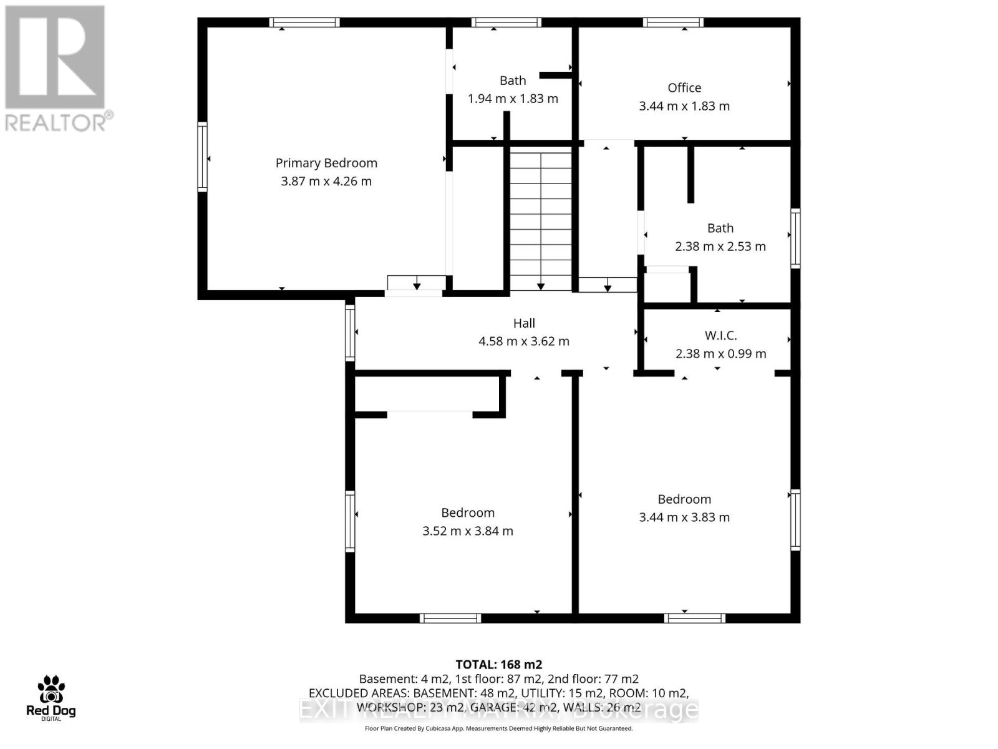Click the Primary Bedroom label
326,163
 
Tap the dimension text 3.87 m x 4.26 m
326,182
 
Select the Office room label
684,88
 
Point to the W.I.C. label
720,336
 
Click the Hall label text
524,323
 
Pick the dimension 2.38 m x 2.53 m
720,247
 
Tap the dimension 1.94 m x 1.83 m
513,99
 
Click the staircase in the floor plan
541,218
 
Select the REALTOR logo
56,69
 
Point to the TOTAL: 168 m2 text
498,665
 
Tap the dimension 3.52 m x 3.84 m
468,531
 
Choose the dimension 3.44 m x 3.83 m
684,517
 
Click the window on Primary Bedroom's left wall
202,157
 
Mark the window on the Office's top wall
674,22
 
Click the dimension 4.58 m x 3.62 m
524,341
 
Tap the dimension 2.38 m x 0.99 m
720,354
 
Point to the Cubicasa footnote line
498,728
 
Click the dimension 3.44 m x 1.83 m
684,106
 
